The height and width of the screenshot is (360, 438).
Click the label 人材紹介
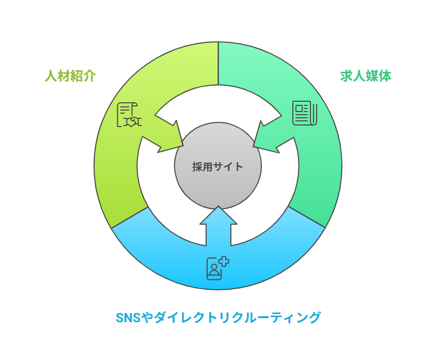click(70, 76)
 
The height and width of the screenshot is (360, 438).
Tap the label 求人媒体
click(366, 76)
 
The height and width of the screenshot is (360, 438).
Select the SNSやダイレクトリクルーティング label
click(218, 317)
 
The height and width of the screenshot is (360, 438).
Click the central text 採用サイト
click(218, 167)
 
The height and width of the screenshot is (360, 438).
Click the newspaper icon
click(305, 113)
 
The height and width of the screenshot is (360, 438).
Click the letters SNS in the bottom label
click(128, 317)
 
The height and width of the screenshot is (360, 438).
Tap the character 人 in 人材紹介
click(51, 76)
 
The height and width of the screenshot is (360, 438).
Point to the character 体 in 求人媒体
click(385, 76)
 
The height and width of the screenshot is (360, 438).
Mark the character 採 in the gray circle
click(197, 167)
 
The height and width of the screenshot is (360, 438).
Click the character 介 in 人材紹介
click(89, 76)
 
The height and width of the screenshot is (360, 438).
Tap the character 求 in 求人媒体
click(346, 76)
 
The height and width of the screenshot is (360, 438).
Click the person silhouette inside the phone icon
click(214, 270)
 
